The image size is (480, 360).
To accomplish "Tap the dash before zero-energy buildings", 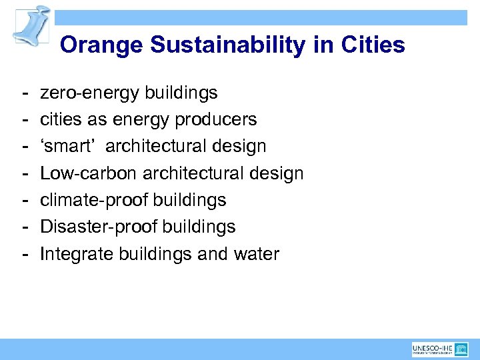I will point(23,93).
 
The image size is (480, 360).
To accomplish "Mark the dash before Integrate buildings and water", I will point(23,254).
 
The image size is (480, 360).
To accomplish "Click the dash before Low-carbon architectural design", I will point(23,173).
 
